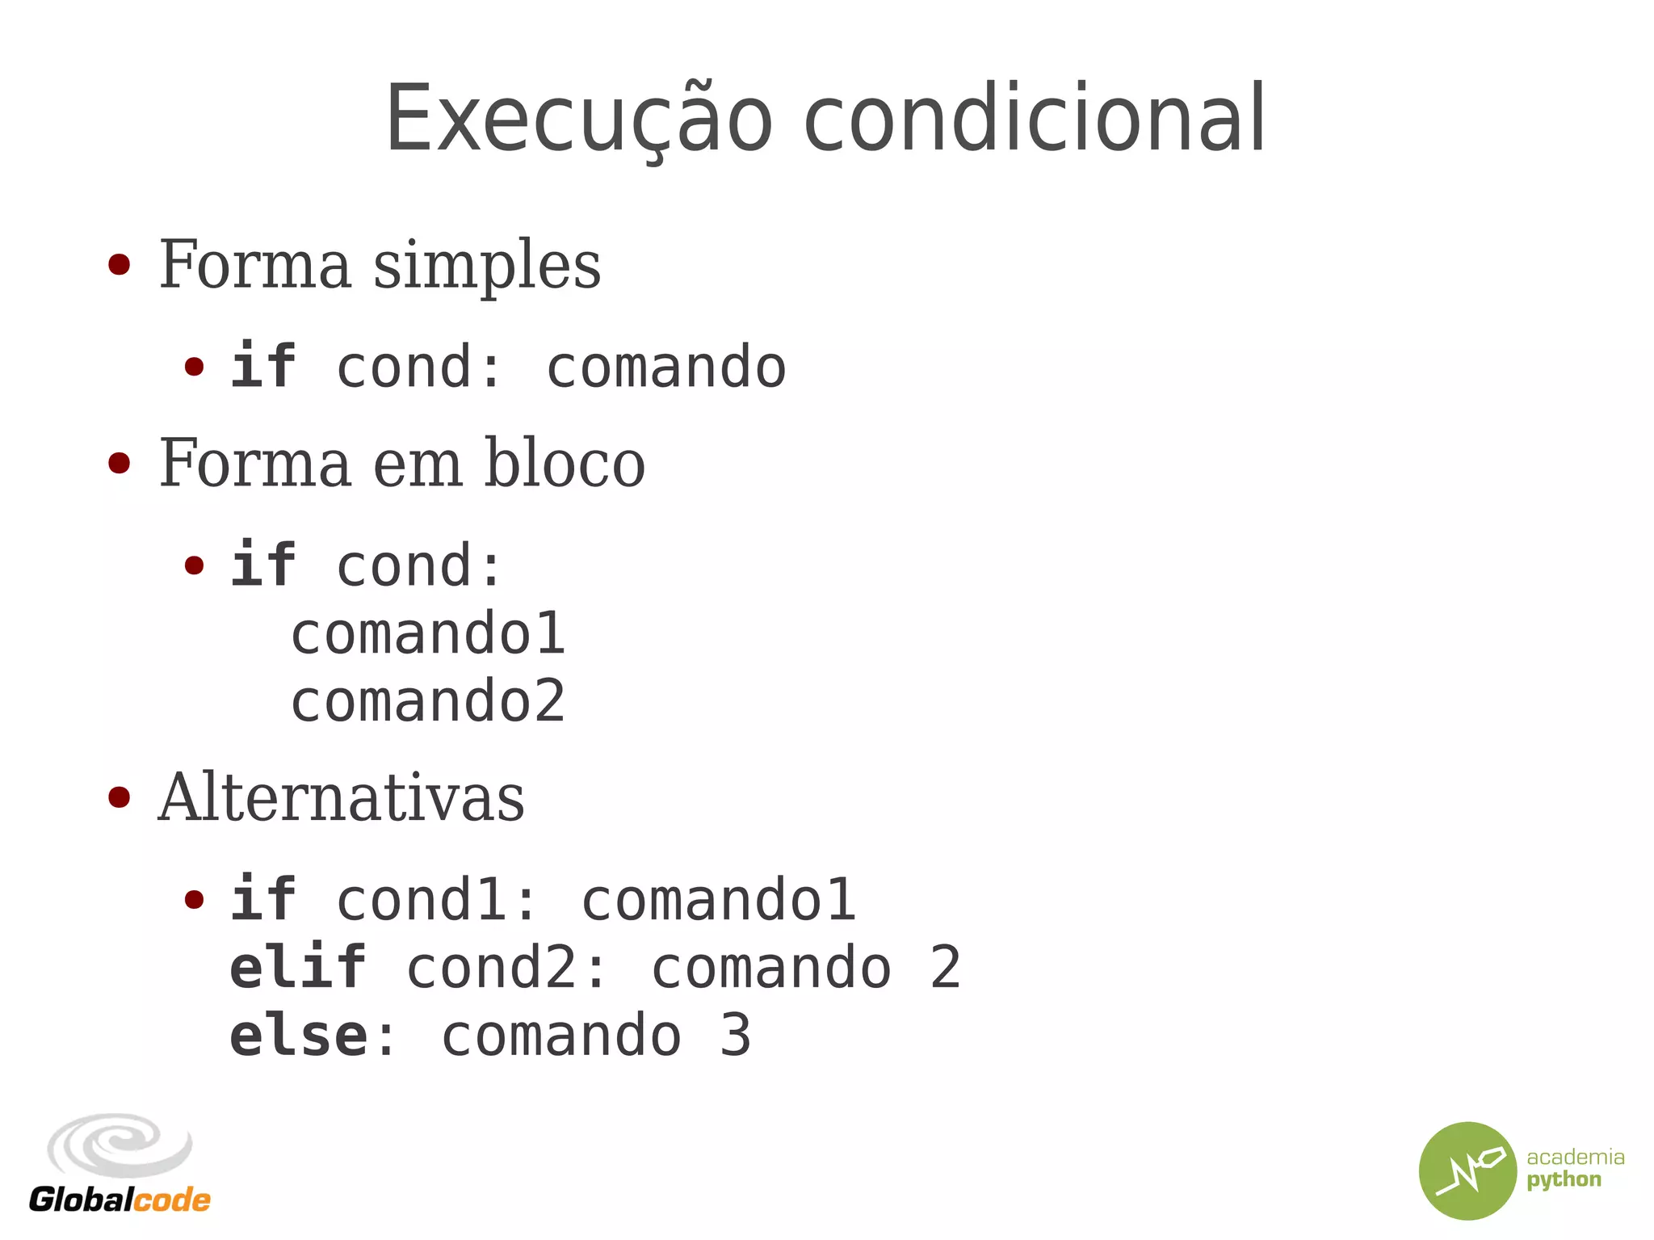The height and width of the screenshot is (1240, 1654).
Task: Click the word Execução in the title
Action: tap(578, 120)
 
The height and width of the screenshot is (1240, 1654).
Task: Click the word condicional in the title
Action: tap(1035, 120)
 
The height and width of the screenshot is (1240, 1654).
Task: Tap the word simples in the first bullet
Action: tap(486, 267)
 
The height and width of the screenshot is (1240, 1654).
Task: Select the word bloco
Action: tap(564, 464)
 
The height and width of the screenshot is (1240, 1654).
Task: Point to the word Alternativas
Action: tap(341, 798)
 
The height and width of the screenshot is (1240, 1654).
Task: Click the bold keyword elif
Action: tap(297, 968)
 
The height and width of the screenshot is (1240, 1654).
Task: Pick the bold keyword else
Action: tap(299, 1036)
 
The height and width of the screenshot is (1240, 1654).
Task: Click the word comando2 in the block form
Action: tap(428, 701)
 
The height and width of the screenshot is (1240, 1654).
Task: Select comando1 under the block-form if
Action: tap(428, 633)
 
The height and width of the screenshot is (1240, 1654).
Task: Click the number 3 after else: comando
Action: tap(735, 1036)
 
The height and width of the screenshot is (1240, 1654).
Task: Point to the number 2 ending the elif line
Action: tap(945, 968)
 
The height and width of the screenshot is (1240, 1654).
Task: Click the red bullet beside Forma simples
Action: tap(119, 265)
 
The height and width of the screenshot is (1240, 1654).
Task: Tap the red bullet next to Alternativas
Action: tap(119, 797)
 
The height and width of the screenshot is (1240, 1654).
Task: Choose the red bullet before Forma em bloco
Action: tap(119, 463)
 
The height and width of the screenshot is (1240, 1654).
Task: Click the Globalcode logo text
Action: tap(120, 1200)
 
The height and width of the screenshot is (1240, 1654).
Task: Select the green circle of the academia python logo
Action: tap(1467, 1171)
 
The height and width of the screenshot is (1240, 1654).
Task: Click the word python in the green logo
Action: tap(1564, 1180)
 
